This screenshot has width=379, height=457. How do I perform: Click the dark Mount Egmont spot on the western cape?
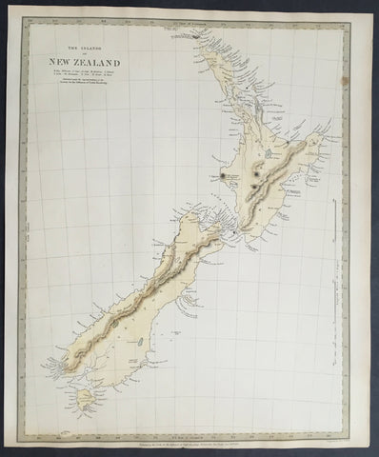[x=226, y=175]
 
